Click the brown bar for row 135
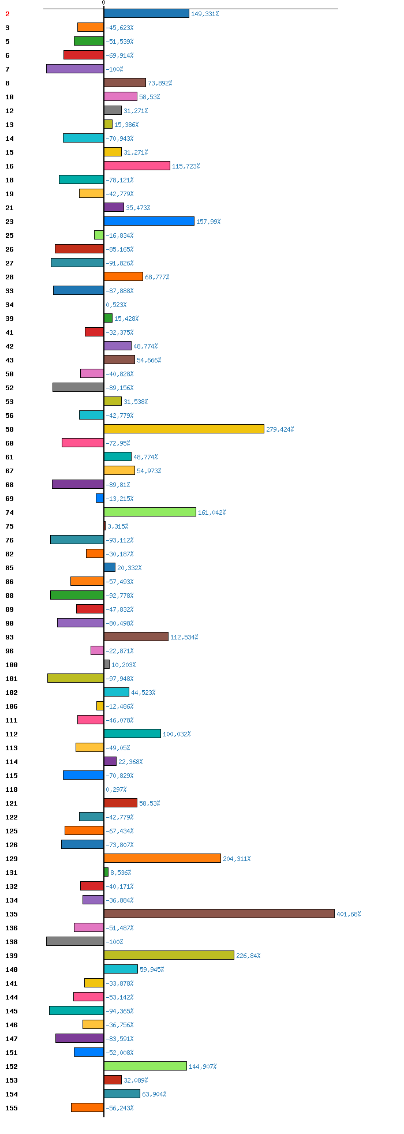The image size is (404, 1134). tap(219, 914)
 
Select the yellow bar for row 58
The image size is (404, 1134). tap(184, 429)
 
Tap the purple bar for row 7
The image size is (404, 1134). tap(75, 69)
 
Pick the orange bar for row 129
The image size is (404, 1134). tap(162, 858)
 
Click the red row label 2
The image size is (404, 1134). tap(8, 14)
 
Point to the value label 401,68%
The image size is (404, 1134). tap(349, 914)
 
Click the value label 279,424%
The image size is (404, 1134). tap(280, 429)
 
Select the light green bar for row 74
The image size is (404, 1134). tap(150, 512)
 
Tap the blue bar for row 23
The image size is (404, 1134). tap(149, 221)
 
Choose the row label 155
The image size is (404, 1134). tap(12, 1108)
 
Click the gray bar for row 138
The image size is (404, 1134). tap(75, 941)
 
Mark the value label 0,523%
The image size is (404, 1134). tap(116, 305)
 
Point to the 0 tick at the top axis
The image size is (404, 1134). tap(104, 3)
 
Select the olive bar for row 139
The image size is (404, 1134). tap(169, 955)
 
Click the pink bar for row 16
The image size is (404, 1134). tap(137, 166)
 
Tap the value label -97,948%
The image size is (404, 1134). tap(119, 679)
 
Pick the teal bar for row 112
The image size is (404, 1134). tap(132, 733)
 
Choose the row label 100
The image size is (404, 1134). tap(12, 665)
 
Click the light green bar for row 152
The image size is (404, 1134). tap(145, 1066)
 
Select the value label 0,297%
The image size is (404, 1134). tap(116, 789)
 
